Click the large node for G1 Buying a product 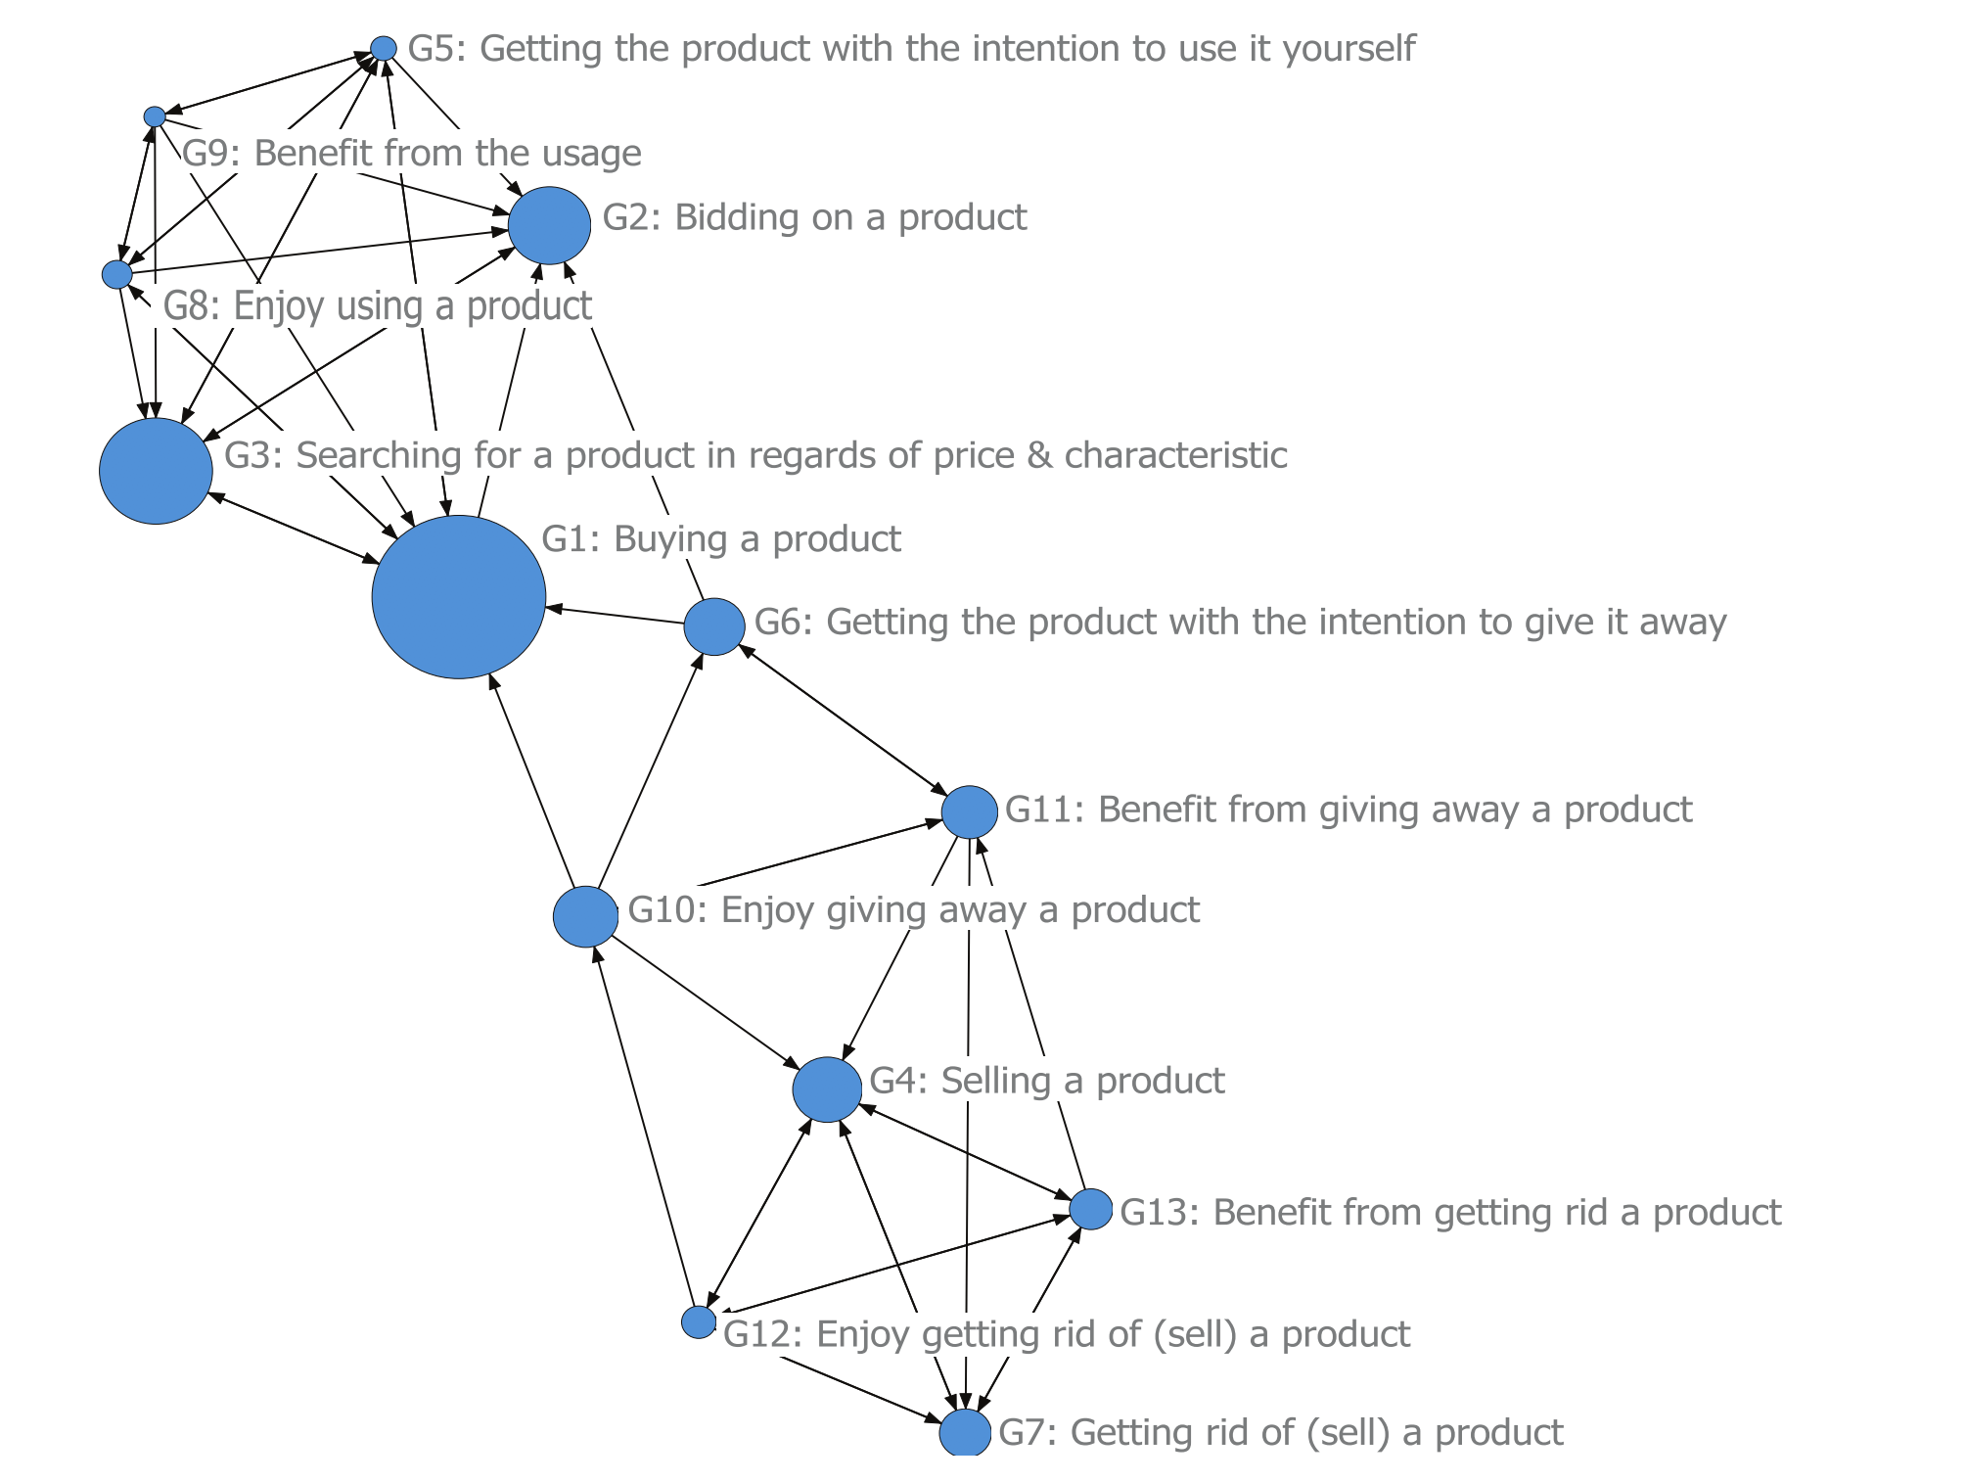[458, 597]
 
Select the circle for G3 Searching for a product [156, 471]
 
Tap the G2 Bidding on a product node [549, 225]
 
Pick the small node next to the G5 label [384, 48]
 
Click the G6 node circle [713, 626]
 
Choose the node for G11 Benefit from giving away [969, 811]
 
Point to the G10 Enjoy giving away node [585, 917]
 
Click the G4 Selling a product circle [827, 1089]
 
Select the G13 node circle [1090, 1209]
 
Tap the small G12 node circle [699, 1321]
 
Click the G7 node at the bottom [965, 1433]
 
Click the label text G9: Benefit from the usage [412, 154]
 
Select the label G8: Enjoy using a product [377, 305]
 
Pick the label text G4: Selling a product [1046, 1081]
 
